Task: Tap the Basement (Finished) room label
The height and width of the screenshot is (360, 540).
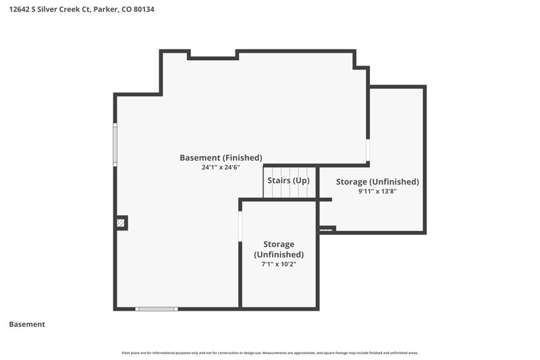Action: tap(221, 158)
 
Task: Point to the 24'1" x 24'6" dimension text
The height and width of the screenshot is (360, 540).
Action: tap(221, 168)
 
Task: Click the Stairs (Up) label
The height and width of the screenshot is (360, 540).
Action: tap(288, 181)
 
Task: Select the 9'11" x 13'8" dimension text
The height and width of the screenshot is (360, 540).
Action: tap(377, 192)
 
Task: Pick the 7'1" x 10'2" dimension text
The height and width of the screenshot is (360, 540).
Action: tap(279, 264)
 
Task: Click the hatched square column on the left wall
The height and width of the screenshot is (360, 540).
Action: tap(121, 223)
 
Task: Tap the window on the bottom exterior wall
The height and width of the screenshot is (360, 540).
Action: tap(157, 309)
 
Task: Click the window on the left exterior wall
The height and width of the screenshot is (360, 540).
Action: tap(115, 145)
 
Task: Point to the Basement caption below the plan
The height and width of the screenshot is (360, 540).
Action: tap(27, 324)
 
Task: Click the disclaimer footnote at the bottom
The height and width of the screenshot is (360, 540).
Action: tap(269, 353)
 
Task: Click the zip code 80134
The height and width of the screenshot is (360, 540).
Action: tap(143, 10)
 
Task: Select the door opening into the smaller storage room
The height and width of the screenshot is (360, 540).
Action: tap(240, 226)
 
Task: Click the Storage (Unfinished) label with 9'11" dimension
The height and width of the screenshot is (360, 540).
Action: tap(377, 182)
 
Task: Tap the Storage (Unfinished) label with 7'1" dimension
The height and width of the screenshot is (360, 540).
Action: tap(279, 249)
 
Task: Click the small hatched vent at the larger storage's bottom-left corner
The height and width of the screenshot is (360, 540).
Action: tap(327, 230)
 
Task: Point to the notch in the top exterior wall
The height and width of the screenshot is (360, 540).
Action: tap(211, 54)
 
